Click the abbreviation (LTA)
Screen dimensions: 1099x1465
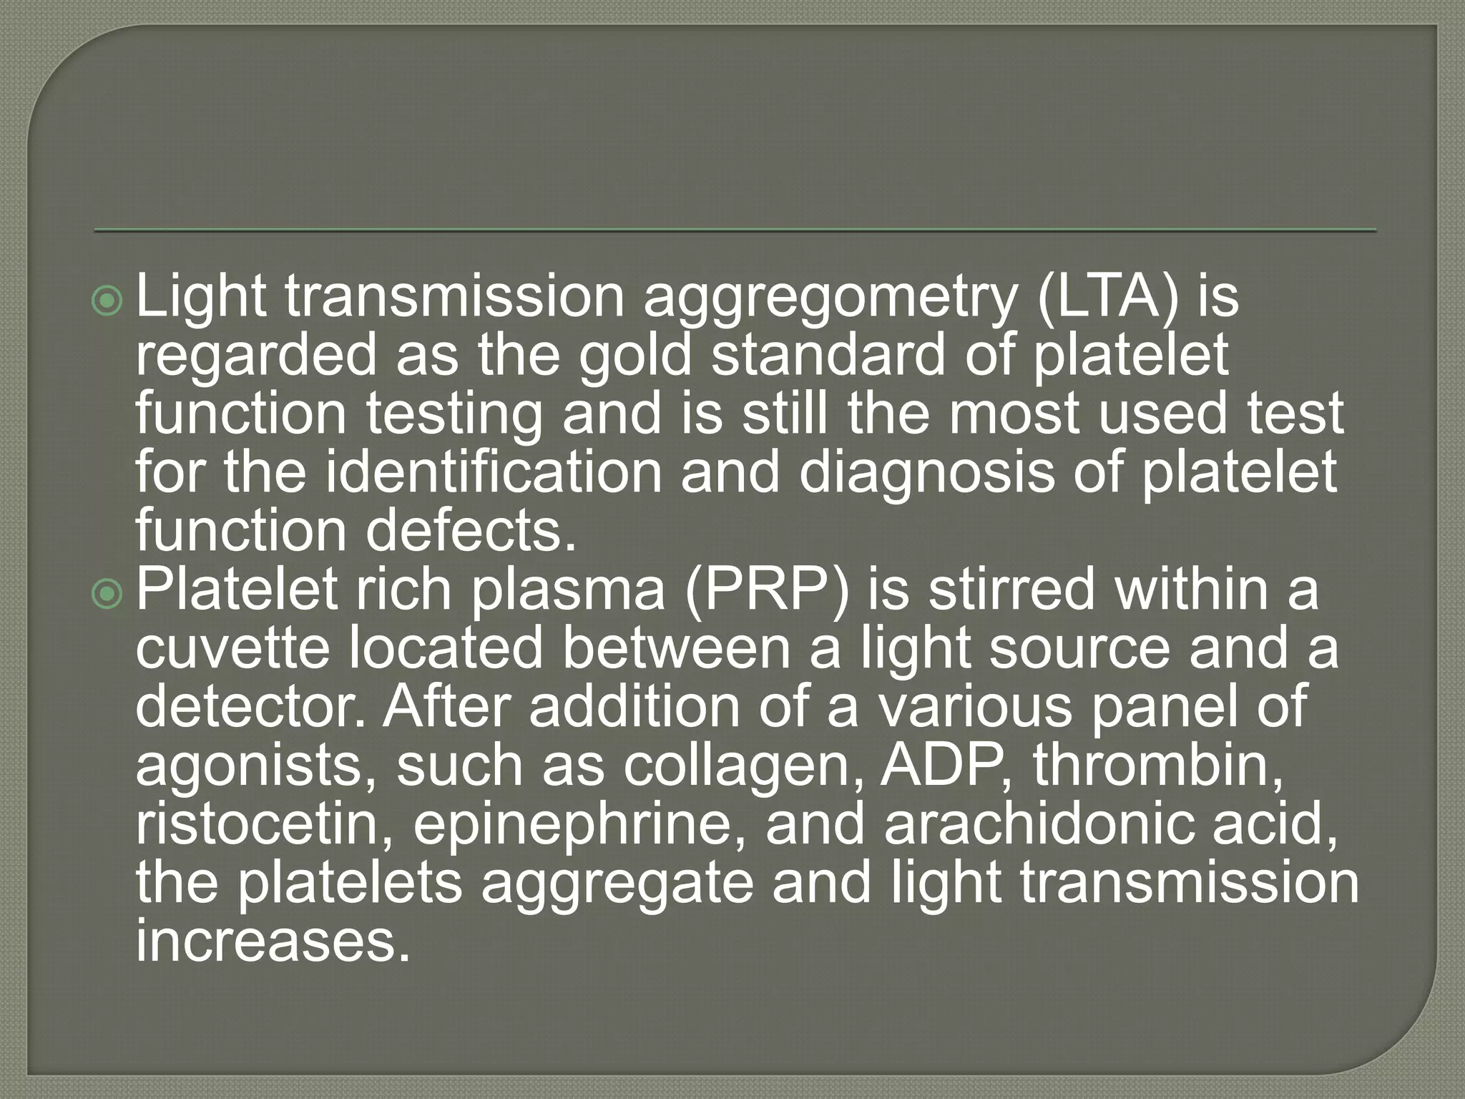[1107, 297]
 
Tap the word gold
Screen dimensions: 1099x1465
[635, 356]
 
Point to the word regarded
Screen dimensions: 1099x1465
[255, 356]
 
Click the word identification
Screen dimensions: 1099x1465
[494, 472]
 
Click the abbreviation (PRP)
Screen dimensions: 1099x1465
[766, 590]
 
